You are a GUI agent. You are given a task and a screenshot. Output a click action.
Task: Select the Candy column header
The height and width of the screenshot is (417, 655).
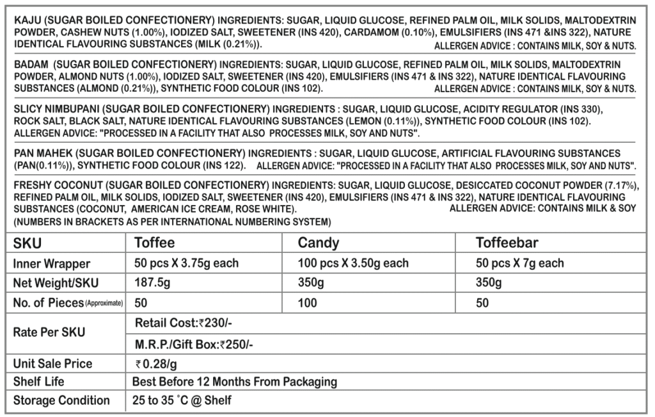(x=319, y=243)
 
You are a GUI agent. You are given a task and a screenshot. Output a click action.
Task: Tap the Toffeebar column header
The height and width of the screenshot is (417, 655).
(x=507, y=243)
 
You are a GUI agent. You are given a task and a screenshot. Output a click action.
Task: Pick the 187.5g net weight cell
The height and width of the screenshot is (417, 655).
(x=152, y=283)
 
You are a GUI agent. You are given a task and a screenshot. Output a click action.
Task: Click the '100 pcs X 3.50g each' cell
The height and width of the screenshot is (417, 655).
(x=353, y=263)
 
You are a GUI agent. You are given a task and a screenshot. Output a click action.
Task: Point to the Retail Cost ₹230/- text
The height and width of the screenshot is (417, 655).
(x=189, y=322)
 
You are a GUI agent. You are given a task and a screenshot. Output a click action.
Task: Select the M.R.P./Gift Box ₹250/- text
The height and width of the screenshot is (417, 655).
(x=195, y=344)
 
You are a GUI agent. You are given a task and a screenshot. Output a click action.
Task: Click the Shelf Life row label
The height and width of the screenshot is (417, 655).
(x=39, y=382)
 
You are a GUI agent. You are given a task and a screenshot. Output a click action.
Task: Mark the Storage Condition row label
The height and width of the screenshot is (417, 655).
(x=61, y=400)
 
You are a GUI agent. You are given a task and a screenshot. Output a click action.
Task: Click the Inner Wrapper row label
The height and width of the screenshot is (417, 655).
(x=51, y=264)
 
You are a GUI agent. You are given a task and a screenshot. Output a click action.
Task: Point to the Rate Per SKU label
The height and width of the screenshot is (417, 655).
(x=49, y=333)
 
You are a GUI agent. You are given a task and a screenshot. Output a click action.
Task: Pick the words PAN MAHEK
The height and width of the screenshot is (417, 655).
(x=42, y=154)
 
